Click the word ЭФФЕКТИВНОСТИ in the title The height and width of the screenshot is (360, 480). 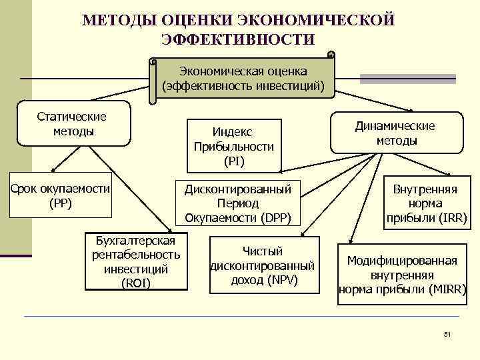click(x=238, y=39)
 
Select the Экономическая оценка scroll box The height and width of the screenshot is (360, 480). click(x=243, y=78)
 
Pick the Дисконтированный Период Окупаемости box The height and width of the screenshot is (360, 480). click(x=239, y=203)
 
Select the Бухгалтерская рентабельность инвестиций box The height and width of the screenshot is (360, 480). click(x=136, y=261)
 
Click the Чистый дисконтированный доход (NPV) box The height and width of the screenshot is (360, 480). click(x=263, y=265)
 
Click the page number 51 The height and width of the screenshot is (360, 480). click(x=447, y=334)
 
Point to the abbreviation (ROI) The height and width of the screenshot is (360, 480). click(x=136, y=283)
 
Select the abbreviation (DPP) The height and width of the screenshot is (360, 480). click(x=275, y=217)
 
